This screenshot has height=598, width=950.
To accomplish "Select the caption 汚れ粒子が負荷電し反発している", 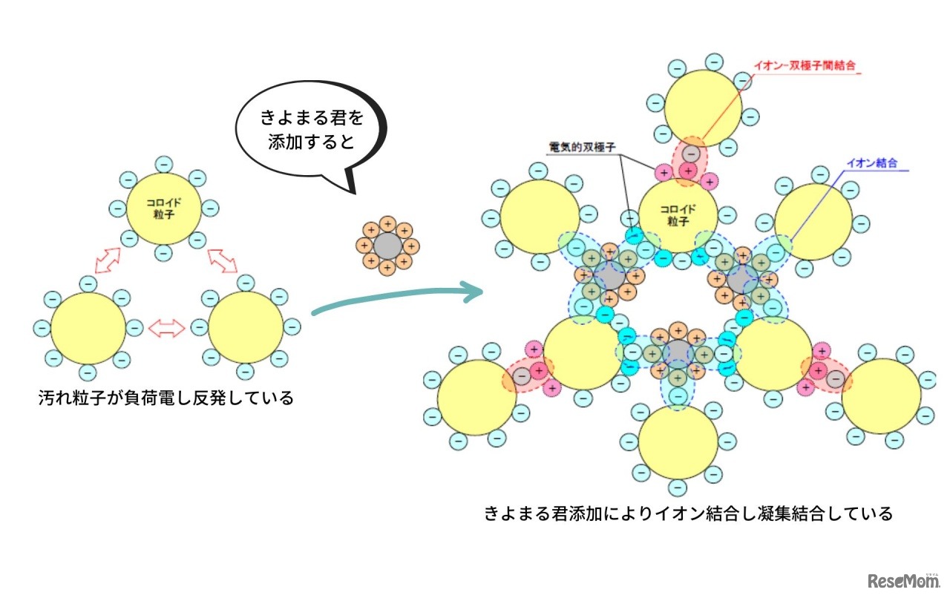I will (x=166, y=398).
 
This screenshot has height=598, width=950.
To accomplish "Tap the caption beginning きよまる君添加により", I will (x=688, y=513).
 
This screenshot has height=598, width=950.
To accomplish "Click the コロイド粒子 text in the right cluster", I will (x=678, y=215).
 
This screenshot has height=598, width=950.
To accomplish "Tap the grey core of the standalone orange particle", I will (x=387, y=244).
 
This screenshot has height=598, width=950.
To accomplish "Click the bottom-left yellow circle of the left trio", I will (x=88, y=328).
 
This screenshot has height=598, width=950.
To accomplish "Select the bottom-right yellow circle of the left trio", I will (x=246, y=328).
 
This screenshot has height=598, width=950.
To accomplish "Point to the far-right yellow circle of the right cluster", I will (x=880, y=397).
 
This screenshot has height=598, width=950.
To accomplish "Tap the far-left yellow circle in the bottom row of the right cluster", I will (x=476, y=397).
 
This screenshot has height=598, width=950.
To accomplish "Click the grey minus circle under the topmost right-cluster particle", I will (x=691, y=153).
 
